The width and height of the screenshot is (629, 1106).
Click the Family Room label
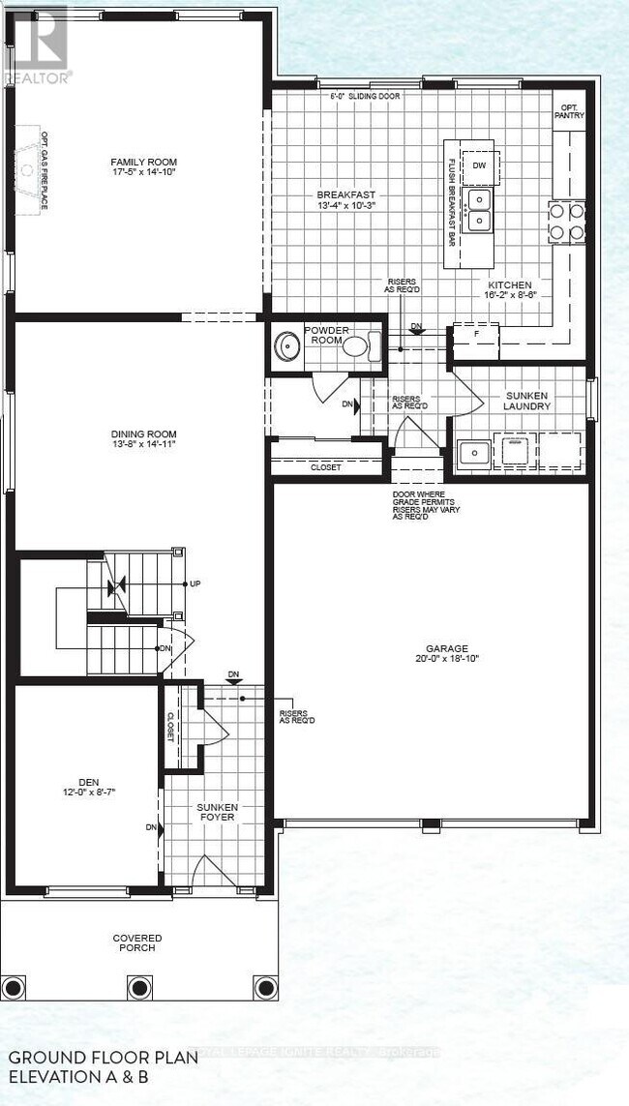coord(143,162)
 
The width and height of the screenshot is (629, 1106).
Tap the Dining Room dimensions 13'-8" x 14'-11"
coord(143,446)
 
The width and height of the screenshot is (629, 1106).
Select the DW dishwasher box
coord(479,165)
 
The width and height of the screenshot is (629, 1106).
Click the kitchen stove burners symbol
coord(566,221)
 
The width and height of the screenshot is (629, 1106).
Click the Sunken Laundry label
coord(526,401)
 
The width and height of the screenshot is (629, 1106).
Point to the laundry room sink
coord(474,452)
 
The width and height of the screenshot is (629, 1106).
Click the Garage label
coord(446,648)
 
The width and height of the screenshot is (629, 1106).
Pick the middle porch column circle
coord(138,988)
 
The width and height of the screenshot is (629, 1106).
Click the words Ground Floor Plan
coord(103,1058)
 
